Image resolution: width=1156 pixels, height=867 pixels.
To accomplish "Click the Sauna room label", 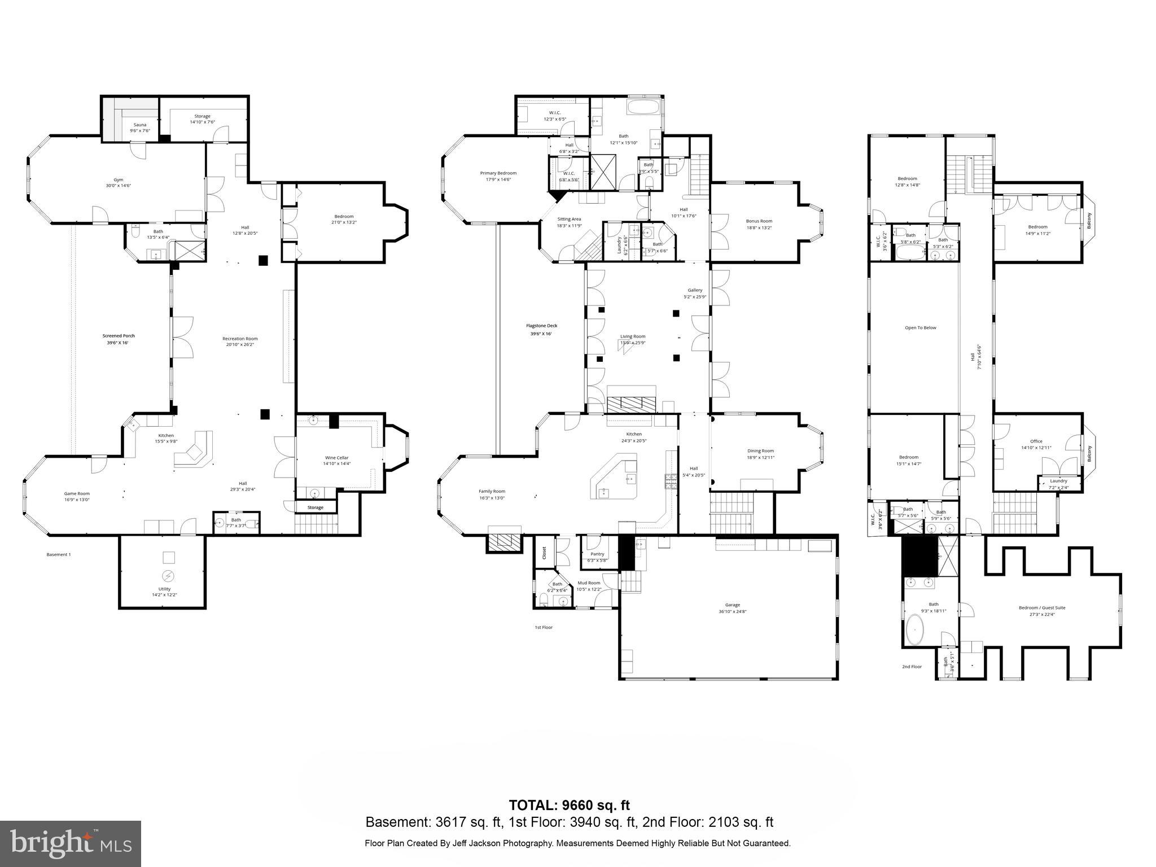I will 139,125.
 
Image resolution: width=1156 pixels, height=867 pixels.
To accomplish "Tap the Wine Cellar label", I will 336,458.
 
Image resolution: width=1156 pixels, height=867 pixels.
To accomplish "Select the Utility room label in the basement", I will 164,589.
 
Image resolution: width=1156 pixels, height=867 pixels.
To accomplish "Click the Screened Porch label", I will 119,336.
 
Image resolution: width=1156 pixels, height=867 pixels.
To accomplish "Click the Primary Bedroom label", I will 498,173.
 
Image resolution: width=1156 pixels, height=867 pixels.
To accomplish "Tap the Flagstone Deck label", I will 541,326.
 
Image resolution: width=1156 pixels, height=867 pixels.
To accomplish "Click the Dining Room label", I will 760,451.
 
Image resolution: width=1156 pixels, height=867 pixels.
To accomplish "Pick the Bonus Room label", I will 759,221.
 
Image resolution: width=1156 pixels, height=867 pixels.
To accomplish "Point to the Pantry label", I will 597,554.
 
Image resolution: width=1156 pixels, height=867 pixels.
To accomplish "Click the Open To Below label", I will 920,327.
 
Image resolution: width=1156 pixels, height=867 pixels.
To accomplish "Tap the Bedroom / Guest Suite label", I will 1041,608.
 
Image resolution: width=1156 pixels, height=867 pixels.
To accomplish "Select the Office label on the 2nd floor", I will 1036,441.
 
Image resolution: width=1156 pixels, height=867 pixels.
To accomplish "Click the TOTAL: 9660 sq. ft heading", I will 569,805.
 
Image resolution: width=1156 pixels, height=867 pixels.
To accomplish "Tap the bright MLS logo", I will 71,844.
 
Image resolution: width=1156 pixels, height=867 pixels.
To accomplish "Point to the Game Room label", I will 77,493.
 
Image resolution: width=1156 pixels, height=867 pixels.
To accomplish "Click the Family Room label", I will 492,491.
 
